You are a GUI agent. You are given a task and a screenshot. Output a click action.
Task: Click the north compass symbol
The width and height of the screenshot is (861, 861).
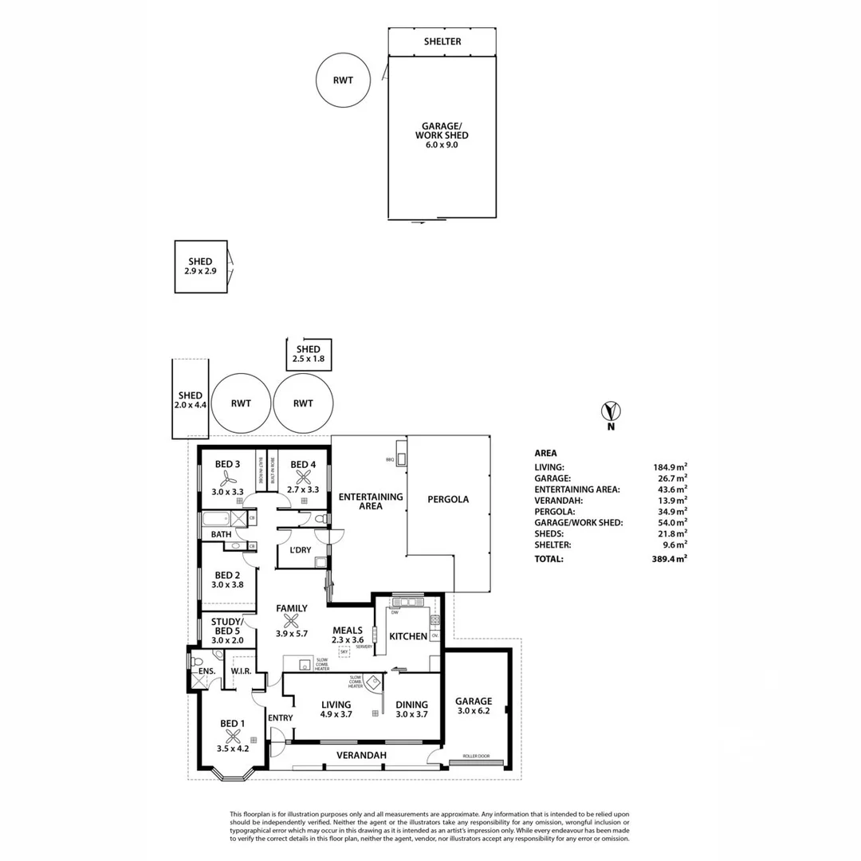click(x=611, y=411)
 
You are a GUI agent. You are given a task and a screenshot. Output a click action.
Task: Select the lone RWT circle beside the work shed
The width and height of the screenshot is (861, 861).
click(x=343, y=80)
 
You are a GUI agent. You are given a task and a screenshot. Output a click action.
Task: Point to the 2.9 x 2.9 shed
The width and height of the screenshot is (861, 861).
click(x=200, y=266)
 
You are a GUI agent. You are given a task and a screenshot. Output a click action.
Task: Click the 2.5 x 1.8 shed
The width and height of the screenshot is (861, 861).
click(x=309, y=354)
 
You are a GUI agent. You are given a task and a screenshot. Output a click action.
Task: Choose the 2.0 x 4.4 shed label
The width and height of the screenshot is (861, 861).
click(x=190, y=400)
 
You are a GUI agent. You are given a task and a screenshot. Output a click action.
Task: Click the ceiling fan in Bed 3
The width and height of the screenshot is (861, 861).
click(x=227, y=478)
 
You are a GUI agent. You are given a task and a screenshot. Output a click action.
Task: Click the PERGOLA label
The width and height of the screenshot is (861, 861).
click(x=448, y=500)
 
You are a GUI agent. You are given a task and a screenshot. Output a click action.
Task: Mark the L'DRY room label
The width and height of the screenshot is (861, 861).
click(x=300, y=551)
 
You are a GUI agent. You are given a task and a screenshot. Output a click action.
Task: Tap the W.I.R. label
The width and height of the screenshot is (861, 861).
click(x=241, y=671)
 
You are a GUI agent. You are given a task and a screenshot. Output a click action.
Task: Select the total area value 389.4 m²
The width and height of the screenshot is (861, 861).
click(x=668, y=560)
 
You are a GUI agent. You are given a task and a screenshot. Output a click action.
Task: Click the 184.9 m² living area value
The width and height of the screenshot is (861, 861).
click(x=669, y=467)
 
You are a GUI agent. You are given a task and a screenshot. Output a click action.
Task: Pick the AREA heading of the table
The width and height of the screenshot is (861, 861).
click(x=545, y=453)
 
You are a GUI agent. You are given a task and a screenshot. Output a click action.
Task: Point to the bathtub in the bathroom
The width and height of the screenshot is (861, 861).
click(x=218, y=518)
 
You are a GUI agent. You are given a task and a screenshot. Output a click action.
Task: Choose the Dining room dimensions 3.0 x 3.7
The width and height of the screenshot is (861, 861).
click(x=411, y=715)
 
